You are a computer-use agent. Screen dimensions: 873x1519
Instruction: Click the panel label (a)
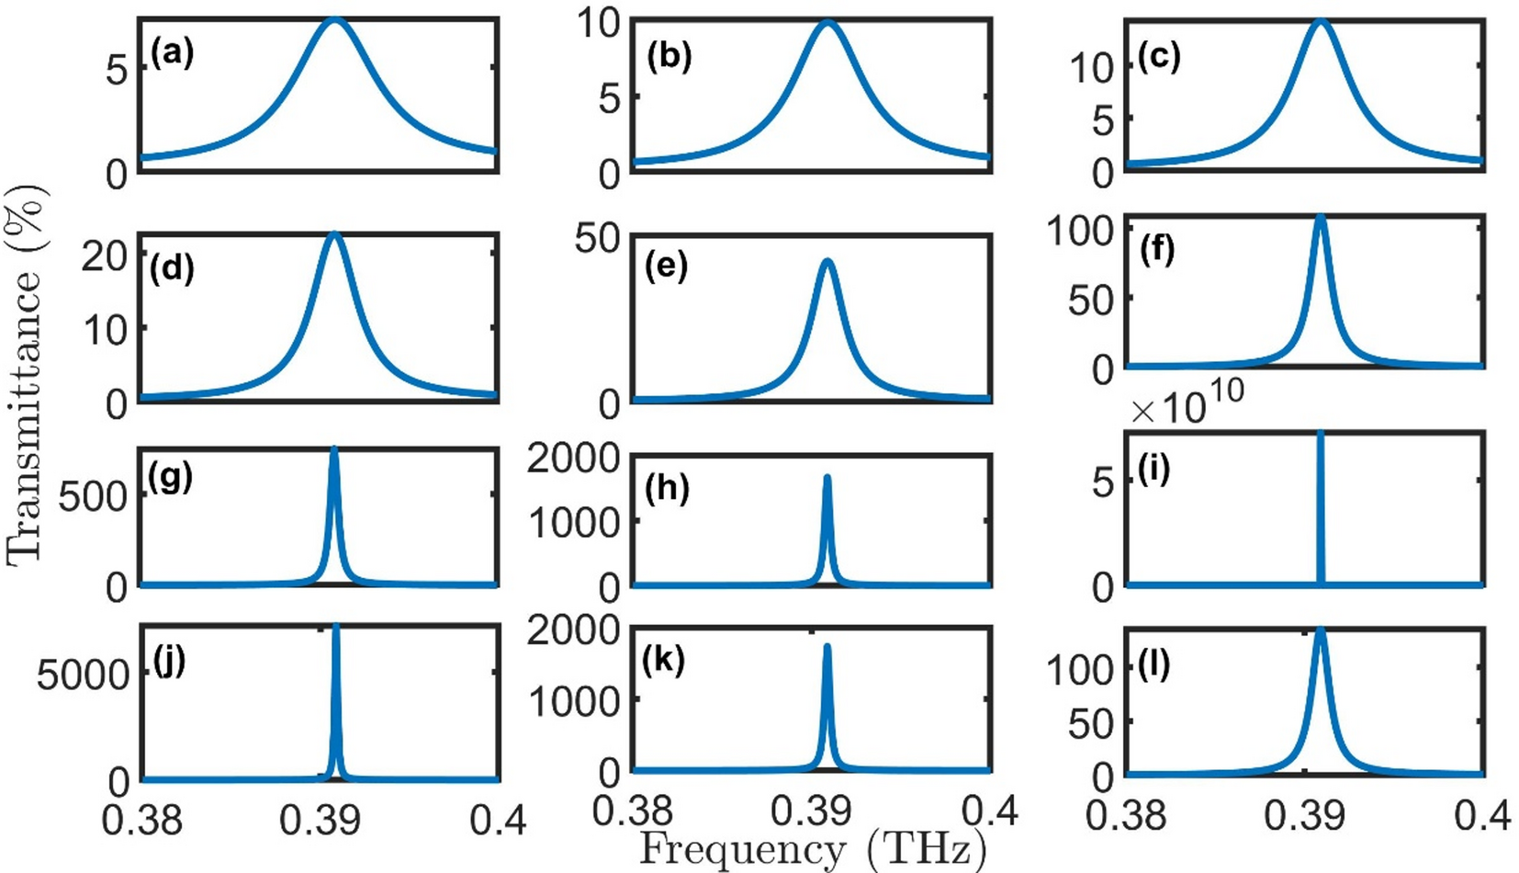pyautogui.click(x=172, y=54)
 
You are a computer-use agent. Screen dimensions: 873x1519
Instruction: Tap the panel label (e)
pyautogui.click(x=666, y=266)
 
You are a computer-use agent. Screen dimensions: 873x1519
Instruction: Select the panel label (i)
pyautogui.click(x=1153, y=470)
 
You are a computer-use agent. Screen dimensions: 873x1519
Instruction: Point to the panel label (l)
pyautogui.click(x=1153, y=663)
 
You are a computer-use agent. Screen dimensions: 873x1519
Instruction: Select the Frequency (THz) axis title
pyautogui.click(x=812, y=849)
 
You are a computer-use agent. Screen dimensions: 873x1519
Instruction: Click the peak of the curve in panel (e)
pyautogui.click(x=827, y=261)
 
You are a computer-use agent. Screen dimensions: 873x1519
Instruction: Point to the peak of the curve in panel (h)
pyautogui.click(x=827, y=477)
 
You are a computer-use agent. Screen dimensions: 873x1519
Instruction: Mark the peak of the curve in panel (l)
pyautogui.click(x=1321, y=630)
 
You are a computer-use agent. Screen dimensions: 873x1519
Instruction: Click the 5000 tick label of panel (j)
pyautogui.click(x=84, y=675)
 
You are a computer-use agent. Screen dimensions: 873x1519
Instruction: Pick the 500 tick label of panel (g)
pyautogui.click(x=92, y=497)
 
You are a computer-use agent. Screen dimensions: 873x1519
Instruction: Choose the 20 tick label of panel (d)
pyautogui.click(x=104, y=255)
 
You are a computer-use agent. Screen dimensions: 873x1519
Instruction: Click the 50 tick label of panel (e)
pyautogui.click(x=597, y=239)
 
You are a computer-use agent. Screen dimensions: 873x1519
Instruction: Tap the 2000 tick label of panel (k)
pyautogui.click(x=573, y=631)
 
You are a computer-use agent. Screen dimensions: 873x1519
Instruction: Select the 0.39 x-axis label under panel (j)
pyautogui.click(x=320, y=818)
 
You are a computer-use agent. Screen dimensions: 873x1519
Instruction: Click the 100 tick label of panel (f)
pyautogui.click(x=1080, y=231)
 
